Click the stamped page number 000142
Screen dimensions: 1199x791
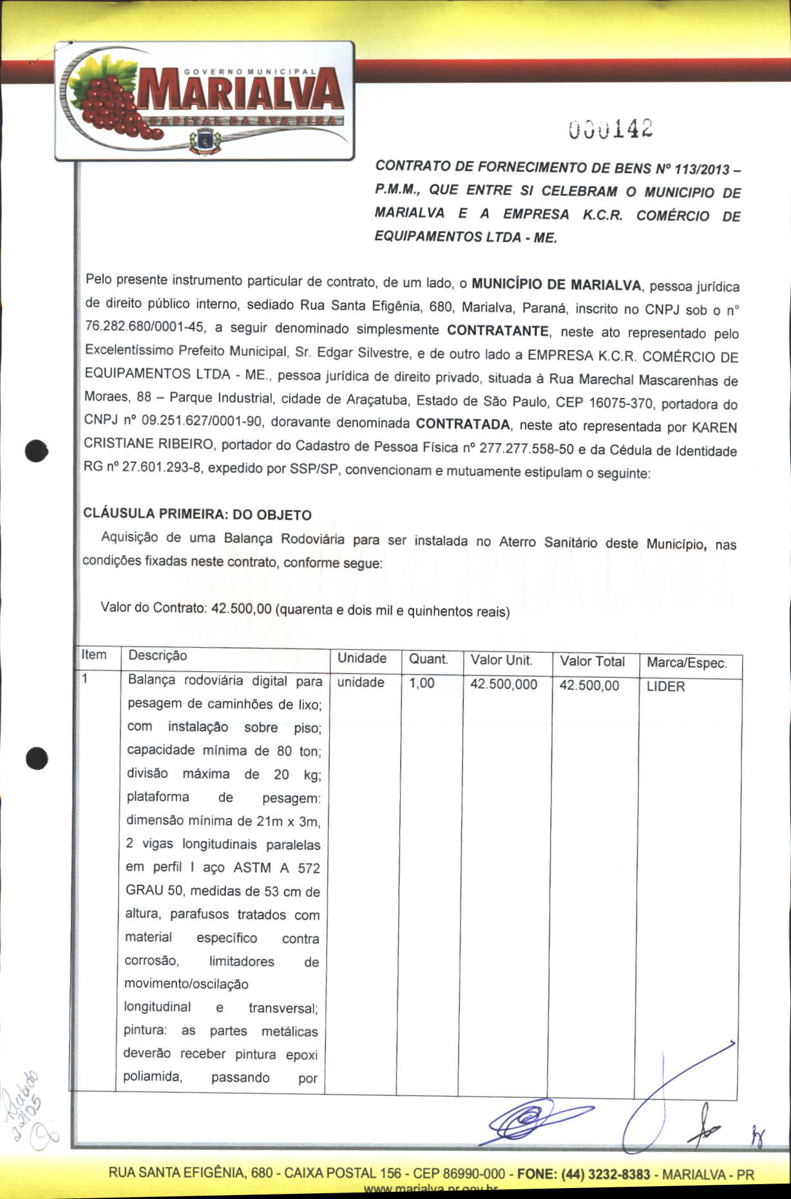[611, 129]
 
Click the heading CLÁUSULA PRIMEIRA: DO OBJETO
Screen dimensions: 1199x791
[197, 515]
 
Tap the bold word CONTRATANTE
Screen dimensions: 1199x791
[498, 331]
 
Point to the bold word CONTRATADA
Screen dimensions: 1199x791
[462, 424]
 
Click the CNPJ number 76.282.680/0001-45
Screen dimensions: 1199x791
[145, 327]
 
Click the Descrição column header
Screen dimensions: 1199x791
[158, 656]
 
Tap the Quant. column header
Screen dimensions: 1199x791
[428, 659]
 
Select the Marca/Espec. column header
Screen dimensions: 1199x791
[687, 663]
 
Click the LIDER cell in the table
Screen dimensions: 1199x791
[665, 686]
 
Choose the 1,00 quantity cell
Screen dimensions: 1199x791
[422, 683]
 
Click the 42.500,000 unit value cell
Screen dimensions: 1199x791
[503, 684]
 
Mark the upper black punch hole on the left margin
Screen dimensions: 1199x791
[37, 451]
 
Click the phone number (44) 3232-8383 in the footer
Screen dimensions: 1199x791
[606, 1174]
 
